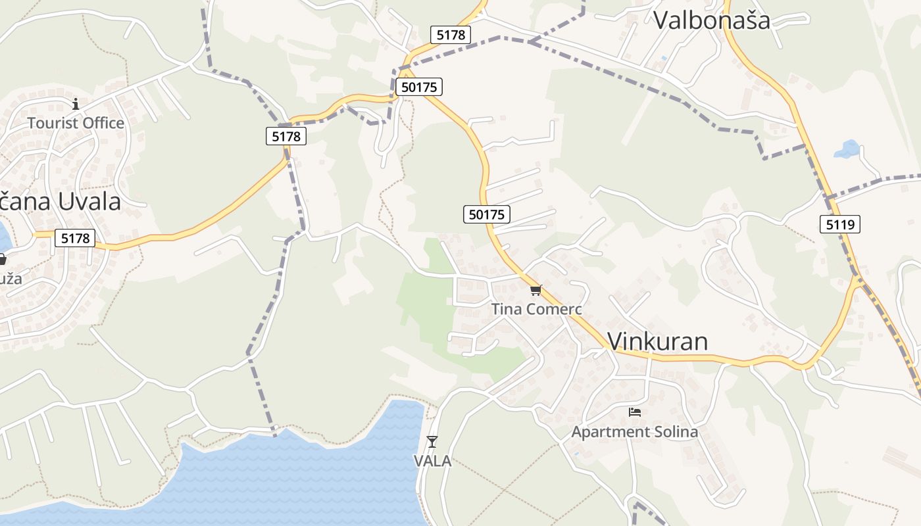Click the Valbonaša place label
[x=711, y=20]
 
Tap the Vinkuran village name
[x=657, y=341]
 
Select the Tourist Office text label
[x=76, y=123]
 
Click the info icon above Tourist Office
[x=76, y=104]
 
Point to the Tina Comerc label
[x=537, y=308]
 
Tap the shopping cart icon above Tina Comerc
[x=535, y=290]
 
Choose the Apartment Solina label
[x=634, y=432]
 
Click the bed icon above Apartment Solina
[x=634, y=412]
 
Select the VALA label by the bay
[x=432, y=461]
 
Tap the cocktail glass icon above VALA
[x=432, y=441]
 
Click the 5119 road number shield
[x=840, y=224]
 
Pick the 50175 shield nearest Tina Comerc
[x=487, y=214]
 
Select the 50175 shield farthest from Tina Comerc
[x=418, y=87]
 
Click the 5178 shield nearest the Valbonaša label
[x=451, y=35]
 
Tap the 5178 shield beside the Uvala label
[x=75, y=238]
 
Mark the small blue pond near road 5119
[x=847, y=149]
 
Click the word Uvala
[x=89, y=201]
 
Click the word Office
[x=102, y=123]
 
